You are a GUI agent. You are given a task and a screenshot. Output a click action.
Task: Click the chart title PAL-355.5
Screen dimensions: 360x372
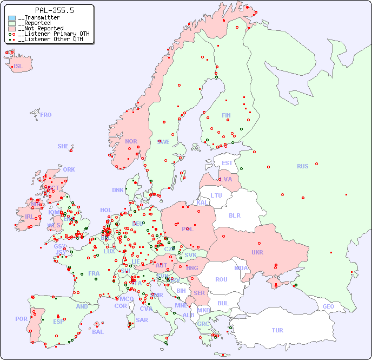pos(54,10)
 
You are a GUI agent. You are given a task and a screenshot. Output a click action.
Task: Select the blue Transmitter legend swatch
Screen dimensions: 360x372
pos(12,18)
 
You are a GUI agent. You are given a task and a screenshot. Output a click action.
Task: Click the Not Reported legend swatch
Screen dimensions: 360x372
pos(12,29)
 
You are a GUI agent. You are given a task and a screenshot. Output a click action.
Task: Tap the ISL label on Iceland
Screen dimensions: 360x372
pos(18,67)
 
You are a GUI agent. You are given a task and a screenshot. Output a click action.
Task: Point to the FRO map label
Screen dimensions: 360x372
pos(46,115)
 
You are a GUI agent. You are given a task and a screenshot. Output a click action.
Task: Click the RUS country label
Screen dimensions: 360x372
pos(302,166)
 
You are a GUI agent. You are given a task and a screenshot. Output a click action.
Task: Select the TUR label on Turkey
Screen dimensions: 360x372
pos(277,330)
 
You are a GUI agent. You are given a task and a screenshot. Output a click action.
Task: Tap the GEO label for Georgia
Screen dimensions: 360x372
pos(328,306)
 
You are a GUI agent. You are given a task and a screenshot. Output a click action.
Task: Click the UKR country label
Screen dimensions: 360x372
pos(257,252)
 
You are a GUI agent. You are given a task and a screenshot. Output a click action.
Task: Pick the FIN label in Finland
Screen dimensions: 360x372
pos(226,115)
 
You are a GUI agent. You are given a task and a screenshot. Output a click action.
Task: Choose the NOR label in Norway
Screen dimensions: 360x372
pos(131,141)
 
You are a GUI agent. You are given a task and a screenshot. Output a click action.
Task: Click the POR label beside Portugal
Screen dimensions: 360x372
pos(21,319)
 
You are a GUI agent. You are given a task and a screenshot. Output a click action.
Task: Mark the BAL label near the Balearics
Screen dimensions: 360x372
pos(98,332)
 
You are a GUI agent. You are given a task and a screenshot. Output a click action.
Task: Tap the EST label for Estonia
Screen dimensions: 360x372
pos(227,163)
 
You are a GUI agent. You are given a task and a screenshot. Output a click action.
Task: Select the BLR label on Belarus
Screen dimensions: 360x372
pos(235,215)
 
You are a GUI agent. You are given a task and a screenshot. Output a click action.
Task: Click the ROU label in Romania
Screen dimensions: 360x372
pos(221,279)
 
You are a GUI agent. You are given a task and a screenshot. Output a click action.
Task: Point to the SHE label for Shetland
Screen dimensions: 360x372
pos(63,146)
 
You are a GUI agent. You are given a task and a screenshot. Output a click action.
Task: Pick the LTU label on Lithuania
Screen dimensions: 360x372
pos(216,195)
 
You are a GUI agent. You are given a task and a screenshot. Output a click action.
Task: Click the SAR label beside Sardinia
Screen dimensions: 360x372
pos(142,320)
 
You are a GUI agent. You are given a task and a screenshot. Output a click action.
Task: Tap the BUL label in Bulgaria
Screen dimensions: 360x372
pos(223,303)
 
